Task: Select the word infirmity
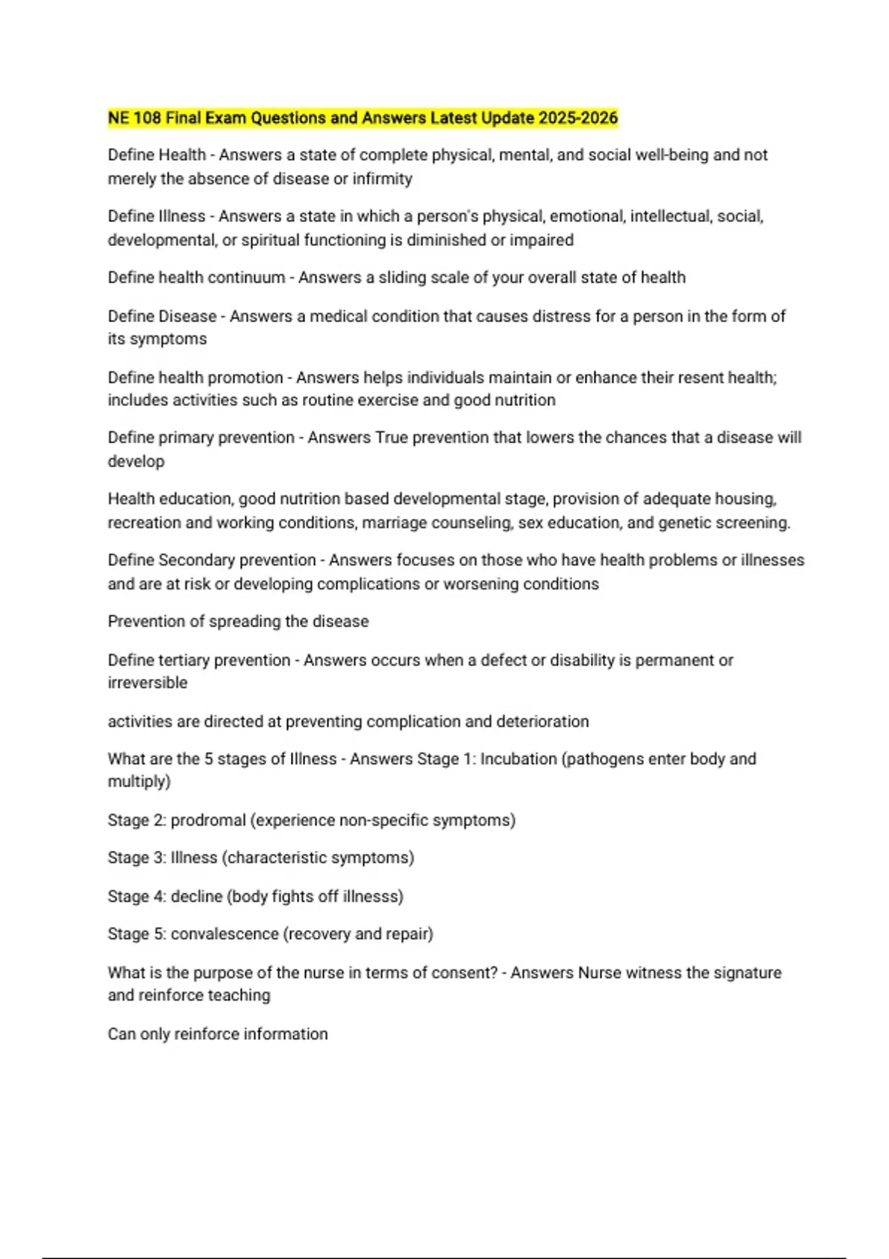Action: click(x=382, y=179)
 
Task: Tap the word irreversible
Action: click(x=147, y=683)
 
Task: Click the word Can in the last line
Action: click(x=121, y=1034)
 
